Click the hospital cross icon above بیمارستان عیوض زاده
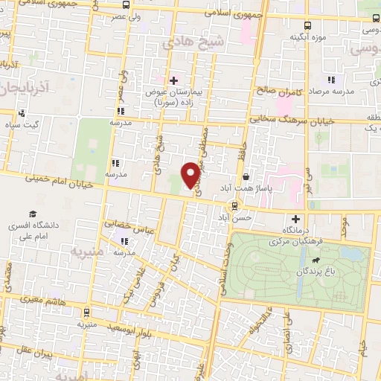pos(174,80)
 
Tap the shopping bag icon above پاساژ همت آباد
pos(246,178)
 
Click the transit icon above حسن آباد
pos(235,205)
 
